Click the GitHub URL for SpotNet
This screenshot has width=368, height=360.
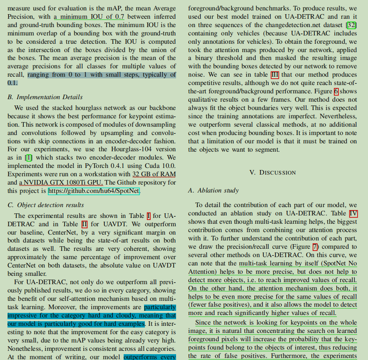tap(94, 191)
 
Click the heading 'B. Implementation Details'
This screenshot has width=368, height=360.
tap(45, 97)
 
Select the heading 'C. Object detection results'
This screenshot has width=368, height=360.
tap(46, 205)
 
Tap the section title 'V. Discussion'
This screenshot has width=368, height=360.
tap(272, 172)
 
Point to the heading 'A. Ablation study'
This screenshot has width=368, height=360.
tap(214, 190)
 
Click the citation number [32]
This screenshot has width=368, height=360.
tap(351, 25)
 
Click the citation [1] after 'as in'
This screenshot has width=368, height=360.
tap(28, 157)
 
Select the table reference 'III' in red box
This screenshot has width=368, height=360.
tap(275, 75)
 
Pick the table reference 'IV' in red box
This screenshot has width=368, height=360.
tap(353, 213)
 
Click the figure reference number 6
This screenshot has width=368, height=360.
tap(336, 91)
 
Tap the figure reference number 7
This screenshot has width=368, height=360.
tap(315, 246)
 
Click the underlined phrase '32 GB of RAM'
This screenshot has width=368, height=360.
tap(152, 174)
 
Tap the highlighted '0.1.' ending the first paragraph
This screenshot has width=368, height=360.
tap(12, 83)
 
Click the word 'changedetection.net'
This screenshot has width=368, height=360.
tap(283, 25)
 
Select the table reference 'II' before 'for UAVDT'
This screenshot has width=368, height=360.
tap(84, 224)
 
